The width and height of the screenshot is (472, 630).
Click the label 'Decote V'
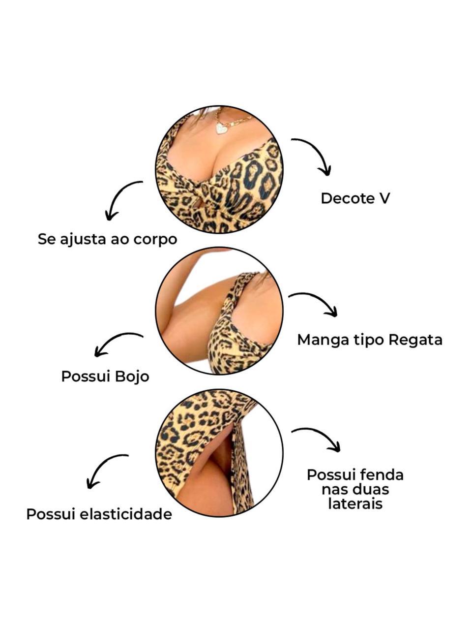click(x=355, y=198)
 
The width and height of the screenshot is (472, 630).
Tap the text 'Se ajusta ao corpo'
click(x=107, y=240)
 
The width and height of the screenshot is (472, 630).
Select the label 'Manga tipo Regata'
click(x=370, y=340)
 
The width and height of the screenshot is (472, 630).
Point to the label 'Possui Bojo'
click(x=105, y=377)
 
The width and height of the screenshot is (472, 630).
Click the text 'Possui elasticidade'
click(x=99, y=514)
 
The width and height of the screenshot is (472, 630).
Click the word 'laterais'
click(x=355, y=504)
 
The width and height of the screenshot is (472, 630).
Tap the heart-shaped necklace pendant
click(x=222, y=128)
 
